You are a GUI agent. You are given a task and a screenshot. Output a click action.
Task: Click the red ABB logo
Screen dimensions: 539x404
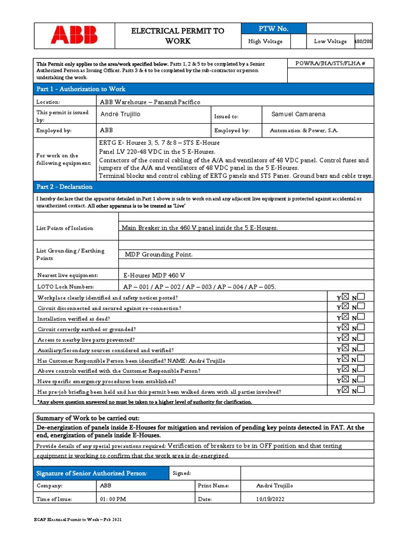74,35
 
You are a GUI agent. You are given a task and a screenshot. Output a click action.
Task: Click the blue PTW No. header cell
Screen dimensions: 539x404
272,29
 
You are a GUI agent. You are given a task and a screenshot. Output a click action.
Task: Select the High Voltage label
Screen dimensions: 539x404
265,42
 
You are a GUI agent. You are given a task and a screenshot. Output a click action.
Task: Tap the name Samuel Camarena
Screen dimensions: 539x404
298,115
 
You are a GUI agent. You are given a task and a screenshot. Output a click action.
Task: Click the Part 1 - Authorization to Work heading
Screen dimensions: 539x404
80,89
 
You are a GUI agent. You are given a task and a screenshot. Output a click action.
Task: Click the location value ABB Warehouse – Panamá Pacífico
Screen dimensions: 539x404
150,102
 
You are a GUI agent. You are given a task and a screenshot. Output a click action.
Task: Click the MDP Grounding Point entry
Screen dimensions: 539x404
159,255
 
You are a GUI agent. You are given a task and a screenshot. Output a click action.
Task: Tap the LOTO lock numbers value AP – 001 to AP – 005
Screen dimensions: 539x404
199,287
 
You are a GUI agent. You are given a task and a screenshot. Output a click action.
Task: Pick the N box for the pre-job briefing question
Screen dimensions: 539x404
361,391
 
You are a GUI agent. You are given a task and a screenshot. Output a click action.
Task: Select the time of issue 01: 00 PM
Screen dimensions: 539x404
112,499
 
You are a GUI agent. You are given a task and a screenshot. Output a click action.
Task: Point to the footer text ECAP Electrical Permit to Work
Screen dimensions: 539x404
78,520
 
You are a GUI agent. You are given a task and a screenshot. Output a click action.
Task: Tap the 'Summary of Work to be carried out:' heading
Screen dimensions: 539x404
80,418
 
